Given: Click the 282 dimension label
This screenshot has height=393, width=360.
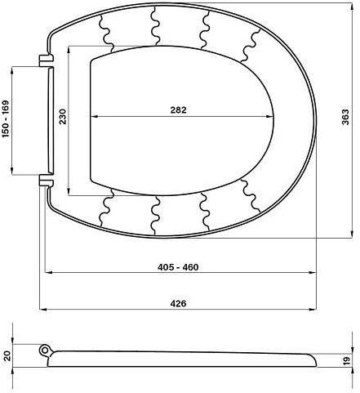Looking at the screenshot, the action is click(179, 110).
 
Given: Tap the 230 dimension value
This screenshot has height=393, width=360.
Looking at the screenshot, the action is click(63, 117).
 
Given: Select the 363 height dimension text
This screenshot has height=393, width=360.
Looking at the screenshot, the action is click(345, 117).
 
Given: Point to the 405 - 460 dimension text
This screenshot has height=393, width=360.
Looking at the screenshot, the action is click(178, 267).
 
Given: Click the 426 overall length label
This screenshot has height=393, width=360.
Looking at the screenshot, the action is click(179, 303).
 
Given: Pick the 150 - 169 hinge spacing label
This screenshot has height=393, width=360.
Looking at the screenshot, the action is click(6, 119).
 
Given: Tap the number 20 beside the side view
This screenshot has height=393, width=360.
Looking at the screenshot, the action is click(7, 355).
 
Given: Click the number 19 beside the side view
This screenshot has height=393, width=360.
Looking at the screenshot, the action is click(346, 360).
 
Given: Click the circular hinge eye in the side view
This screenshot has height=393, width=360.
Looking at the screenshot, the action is click(44, 350).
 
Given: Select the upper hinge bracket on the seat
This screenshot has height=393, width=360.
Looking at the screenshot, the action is click(46, 60).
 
